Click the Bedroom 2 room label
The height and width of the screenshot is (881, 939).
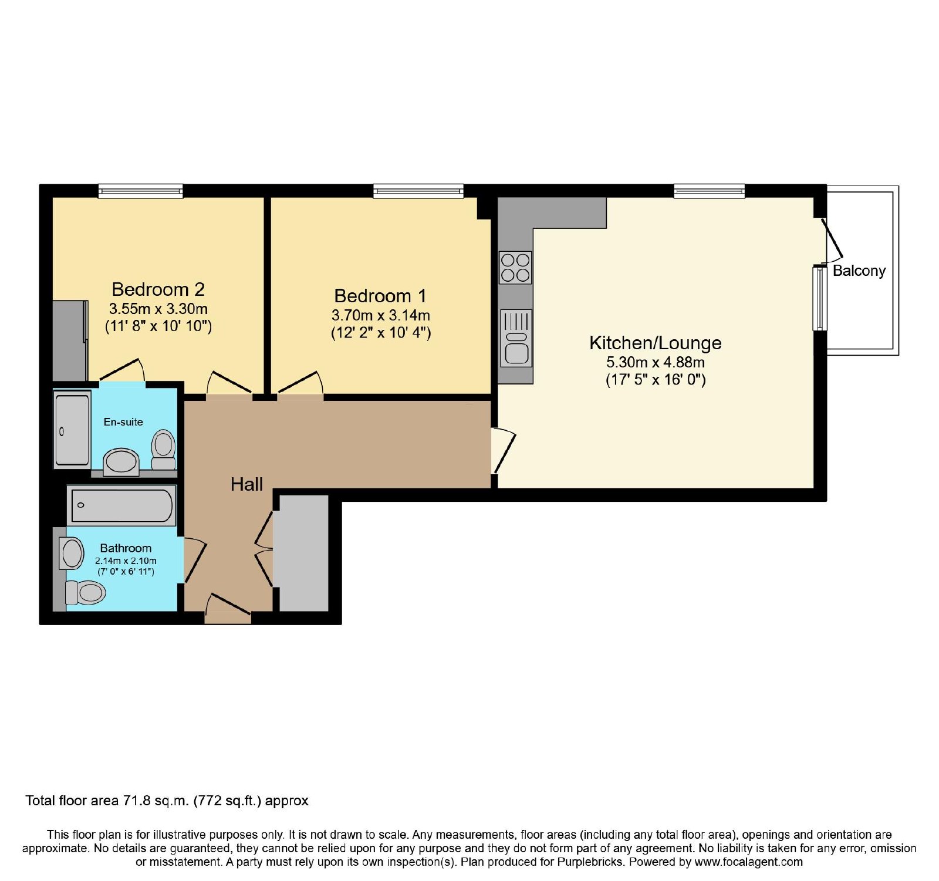click(x=158, y=289)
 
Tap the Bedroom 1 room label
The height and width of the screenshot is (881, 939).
click(x=380, y=296)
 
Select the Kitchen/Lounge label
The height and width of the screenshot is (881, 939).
click(x=655, y=343)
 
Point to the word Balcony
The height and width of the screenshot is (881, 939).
click(x=859, y=271)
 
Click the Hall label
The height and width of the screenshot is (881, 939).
click(x=246, y=484)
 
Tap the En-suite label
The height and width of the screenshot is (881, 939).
click(x=123, y=422)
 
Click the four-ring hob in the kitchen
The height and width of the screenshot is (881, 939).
click(x=515, y=268)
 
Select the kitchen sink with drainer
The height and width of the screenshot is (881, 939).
click(x=516, y=338)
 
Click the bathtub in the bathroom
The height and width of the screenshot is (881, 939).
click(x=122, y=505)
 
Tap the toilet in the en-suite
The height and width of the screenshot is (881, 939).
click(x=163, y=450)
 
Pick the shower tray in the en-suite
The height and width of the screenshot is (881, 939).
click(x=72, y=430)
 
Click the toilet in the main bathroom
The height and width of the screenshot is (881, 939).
click(x=85, y=592)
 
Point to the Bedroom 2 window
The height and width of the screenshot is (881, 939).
click(x=140, y=190)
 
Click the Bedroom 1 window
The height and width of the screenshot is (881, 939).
click(x=418, y=190)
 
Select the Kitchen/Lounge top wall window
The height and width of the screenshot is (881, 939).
click(x=709, y=190)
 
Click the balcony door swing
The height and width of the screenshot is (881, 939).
click(x=832, y=241)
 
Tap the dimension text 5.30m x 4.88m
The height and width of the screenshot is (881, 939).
click(x=655, y=362)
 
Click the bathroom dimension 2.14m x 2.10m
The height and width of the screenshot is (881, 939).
click(x=126, y=561)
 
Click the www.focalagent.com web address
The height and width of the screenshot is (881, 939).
click(x=748, y=862)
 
